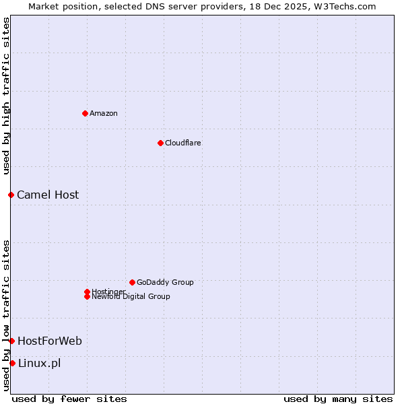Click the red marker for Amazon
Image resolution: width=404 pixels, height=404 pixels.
(x=85, y=113)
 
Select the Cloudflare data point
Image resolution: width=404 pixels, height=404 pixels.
(x=160, y=143)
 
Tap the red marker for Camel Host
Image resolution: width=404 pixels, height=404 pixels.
(x=11, y=195)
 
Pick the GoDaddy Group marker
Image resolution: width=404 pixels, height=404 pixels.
(x=132, y=282)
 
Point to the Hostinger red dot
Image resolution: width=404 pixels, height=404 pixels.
(x=87, y=292)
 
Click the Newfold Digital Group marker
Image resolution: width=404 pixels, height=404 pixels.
(x=87, y=296)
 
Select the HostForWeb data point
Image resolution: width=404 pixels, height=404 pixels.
(x=11, y=341)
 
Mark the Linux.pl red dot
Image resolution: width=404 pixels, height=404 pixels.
(x=12, y=363)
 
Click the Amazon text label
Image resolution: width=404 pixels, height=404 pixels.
(x=103, y=113)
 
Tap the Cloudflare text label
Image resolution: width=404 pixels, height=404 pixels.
(x=182, y=143)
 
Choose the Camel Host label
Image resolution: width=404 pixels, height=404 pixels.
(x=48, y=195)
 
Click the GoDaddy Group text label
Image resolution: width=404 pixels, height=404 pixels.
(x=165, y=282)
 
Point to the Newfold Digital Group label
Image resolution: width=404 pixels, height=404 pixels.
(x=131, y=296)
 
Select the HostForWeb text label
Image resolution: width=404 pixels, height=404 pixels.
(x=50, y=341)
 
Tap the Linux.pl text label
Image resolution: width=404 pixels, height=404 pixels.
(x=39, y=363)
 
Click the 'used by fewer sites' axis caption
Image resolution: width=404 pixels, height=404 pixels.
(x=69, y=399)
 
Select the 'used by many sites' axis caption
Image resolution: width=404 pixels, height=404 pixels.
(x=338, y=399)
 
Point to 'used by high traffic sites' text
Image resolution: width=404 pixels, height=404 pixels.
(x=6, y=96)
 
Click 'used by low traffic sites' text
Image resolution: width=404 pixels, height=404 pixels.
(x=6, y=315)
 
